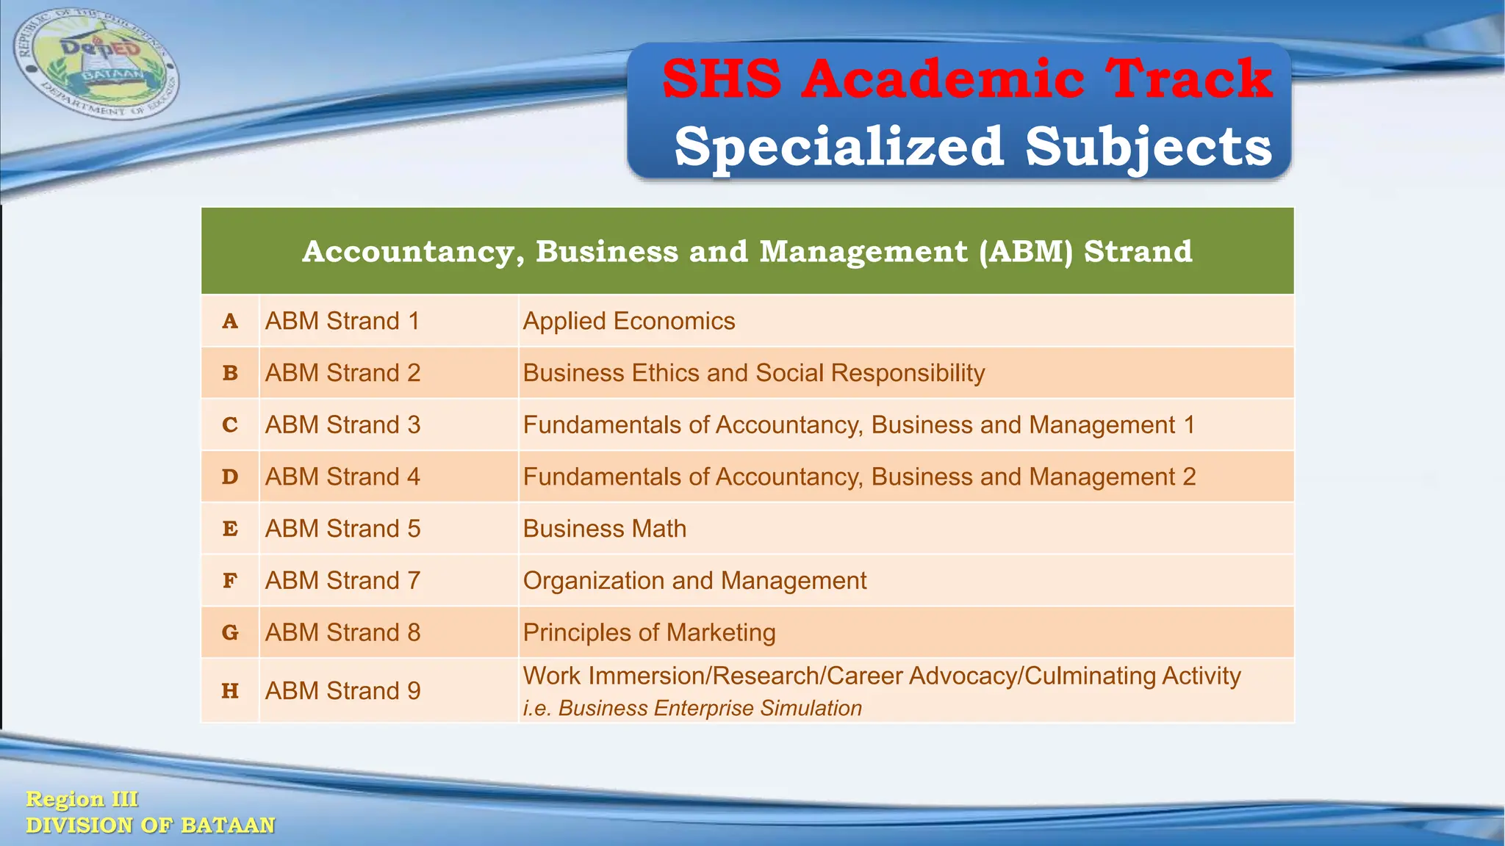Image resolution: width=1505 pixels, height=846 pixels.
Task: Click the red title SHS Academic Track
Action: (967, 79)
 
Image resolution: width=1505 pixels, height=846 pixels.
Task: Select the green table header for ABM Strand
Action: (747, 251)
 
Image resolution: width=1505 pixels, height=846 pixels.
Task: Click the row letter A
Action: (230, 321)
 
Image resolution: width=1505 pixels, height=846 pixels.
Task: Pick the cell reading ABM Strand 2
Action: (342, 373)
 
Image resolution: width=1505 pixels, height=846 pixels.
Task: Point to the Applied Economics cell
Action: (629, 321)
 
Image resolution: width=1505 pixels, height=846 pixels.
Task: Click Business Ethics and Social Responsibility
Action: (754, 373)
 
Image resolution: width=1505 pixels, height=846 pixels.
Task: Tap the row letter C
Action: (230, 425)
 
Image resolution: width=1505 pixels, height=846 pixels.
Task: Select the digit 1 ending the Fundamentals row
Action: (1189, 425)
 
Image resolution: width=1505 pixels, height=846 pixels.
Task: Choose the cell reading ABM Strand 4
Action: (342, 477)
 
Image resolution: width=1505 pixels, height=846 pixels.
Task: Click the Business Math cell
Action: (605, 529)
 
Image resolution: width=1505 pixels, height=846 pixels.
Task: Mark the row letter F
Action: (230, 581)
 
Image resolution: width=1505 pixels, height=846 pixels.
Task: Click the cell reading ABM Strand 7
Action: (342, 581)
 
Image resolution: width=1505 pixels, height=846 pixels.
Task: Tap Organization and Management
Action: (694, 581)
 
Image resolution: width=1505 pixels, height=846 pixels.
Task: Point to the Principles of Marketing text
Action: (649, 632)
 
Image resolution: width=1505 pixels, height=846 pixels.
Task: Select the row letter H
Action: (230, 691)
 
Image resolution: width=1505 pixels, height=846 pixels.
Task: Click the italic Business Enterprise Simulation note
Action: (692, 708)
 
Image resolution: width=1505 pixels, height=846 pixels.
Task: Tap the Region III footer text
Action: (82, 799)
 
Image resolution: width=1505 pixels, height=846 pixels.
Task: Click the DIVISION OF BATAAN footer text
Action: (150, 825)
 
